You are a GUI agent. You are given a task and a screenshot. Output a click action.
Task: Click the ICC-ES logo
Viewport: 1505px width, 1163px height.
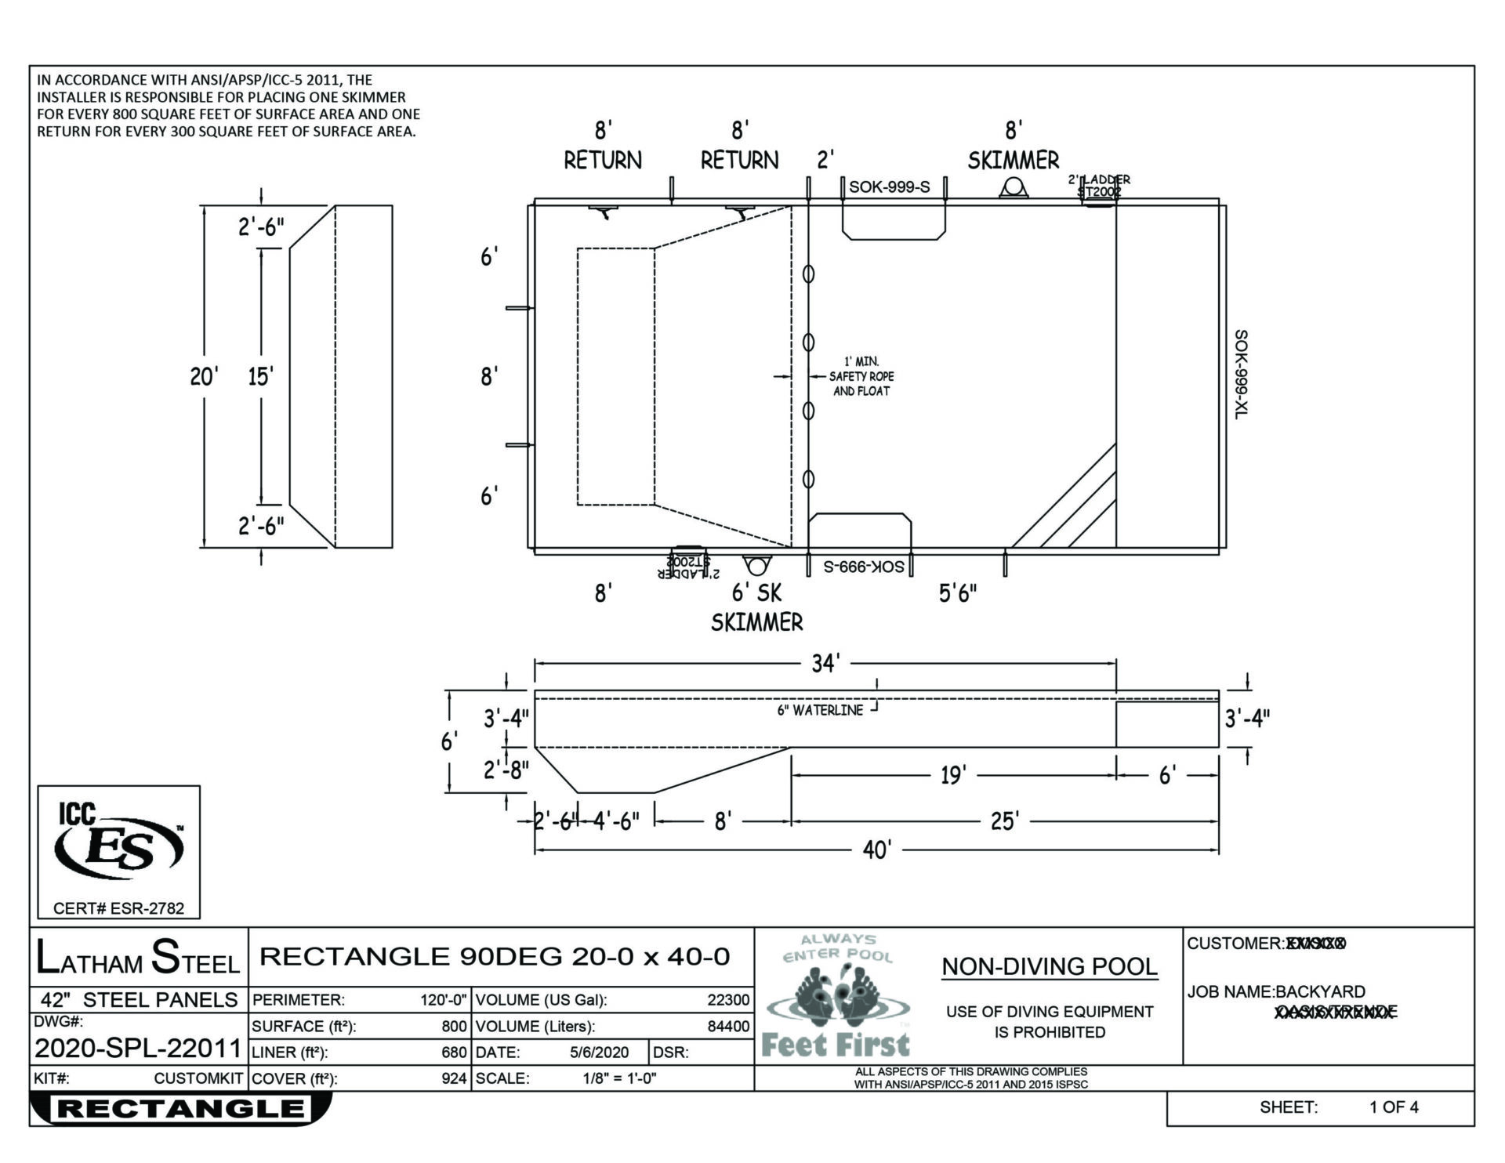point(119,846)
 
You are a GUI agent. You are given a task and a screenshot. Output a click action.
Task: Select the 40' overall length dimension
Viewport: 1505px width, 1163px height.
point(876,850)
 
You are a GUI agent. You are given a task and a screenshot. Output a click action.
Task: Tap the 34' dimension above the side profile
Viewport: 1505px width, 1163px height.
point(825,664)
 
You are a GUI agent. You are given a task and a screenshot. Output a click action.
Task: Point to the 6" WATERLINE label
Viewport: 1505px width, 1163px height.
point(820,710)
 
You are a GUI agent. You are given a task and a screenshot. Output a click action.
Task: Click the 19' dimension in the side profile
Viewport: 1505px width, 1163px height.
point(953,775)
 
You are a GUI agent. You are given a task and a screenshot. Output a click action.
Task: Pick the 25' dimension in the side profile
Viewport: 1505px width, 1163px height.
point(1004,821)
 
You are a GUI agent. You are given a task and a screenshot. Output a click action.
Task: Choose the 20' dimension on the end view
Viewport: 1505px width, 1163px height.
point(203,377)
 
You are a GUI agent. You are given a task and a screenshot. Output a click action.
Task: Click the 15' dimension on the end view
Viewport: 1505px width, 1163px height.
point(260,377)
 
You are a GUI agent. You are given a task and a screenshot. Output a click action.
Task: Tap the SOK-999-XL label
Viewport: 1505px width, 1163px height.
point(1241,374)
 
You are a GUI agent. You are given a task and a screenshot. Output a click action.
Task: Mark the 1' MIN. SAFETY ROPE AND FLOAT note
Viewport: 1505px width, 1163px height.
point(861,377)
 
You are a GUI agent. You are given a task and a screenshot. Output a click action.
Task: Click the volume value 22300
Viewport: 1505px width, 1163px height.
point(728,1000)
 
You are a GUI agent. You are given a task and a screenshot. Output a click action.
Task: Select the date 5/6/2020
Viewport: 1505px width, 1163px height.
point(599,1052)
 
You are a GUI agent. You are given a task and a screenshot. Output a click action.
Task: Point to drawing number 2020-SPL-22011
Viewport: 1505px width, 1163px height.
point(138,1048)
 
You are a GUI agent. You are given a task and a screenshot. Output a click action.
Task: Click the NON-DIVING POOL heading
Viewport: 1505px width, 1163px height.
point(1049,966)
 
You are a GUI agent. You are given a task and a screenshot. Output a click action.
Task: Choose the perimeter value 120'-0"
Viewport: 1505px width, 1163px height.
point(444,1000)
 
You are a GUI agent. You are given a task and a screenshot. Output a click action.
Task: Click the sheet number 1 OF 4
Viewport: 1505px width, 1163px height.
point(1394,1107)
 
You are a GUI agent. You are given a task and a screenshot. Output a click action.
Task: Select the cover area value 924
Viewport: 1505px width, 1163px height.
point(454,1078)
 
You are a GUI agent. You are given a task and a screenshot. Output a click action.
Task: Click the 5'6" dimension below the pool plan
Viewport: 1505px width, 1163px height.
point(958,593)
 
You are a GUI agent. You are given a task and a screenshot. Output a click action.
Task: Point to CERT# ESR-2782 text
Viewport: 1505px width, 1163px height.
point(119,908)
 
